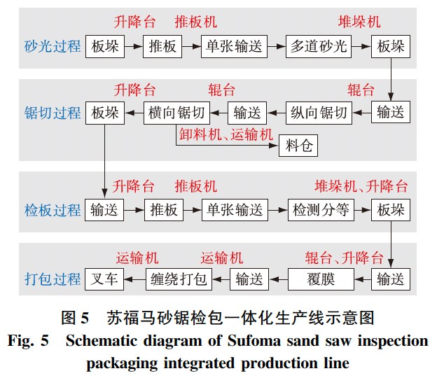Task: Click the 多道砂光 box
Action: point(319,48)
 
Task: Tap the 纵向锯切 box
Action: point(319,112)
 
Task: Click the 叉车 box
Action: point(104,278)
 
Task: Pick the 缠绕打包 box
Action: point(178,278)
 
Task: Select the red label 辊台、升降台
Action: point(344,256)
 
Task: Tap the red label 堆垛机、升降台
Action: point(361,188)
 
